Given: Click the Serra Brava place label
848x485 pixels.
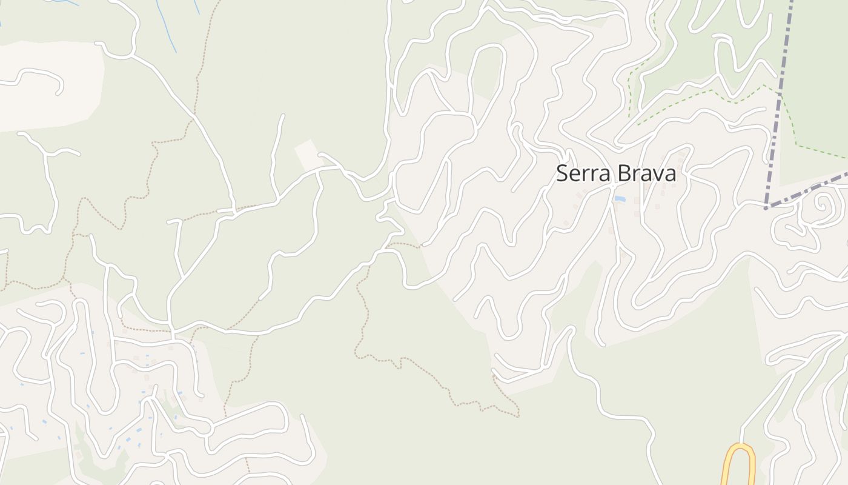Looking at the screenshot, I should pyautogui.click(x=615, y=174).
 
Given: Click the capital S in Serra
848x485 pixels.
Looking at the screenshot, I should pyautogui.click(x=561, y=174).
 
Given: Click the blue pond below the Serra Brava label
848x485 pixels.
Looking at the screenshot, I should pyautogui.click(x=620, y=199).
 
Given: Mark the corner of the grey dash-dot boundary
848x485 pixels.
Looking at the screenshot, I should pyautogui.click(x=766, y=208).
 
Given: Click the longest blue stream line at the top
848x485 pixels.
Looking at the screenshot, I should pyautogui.click(x=166, y=24).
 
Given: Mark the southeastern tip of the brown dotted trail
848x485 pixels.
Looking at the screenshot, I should pyautogui.click(x=518, y=416).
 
